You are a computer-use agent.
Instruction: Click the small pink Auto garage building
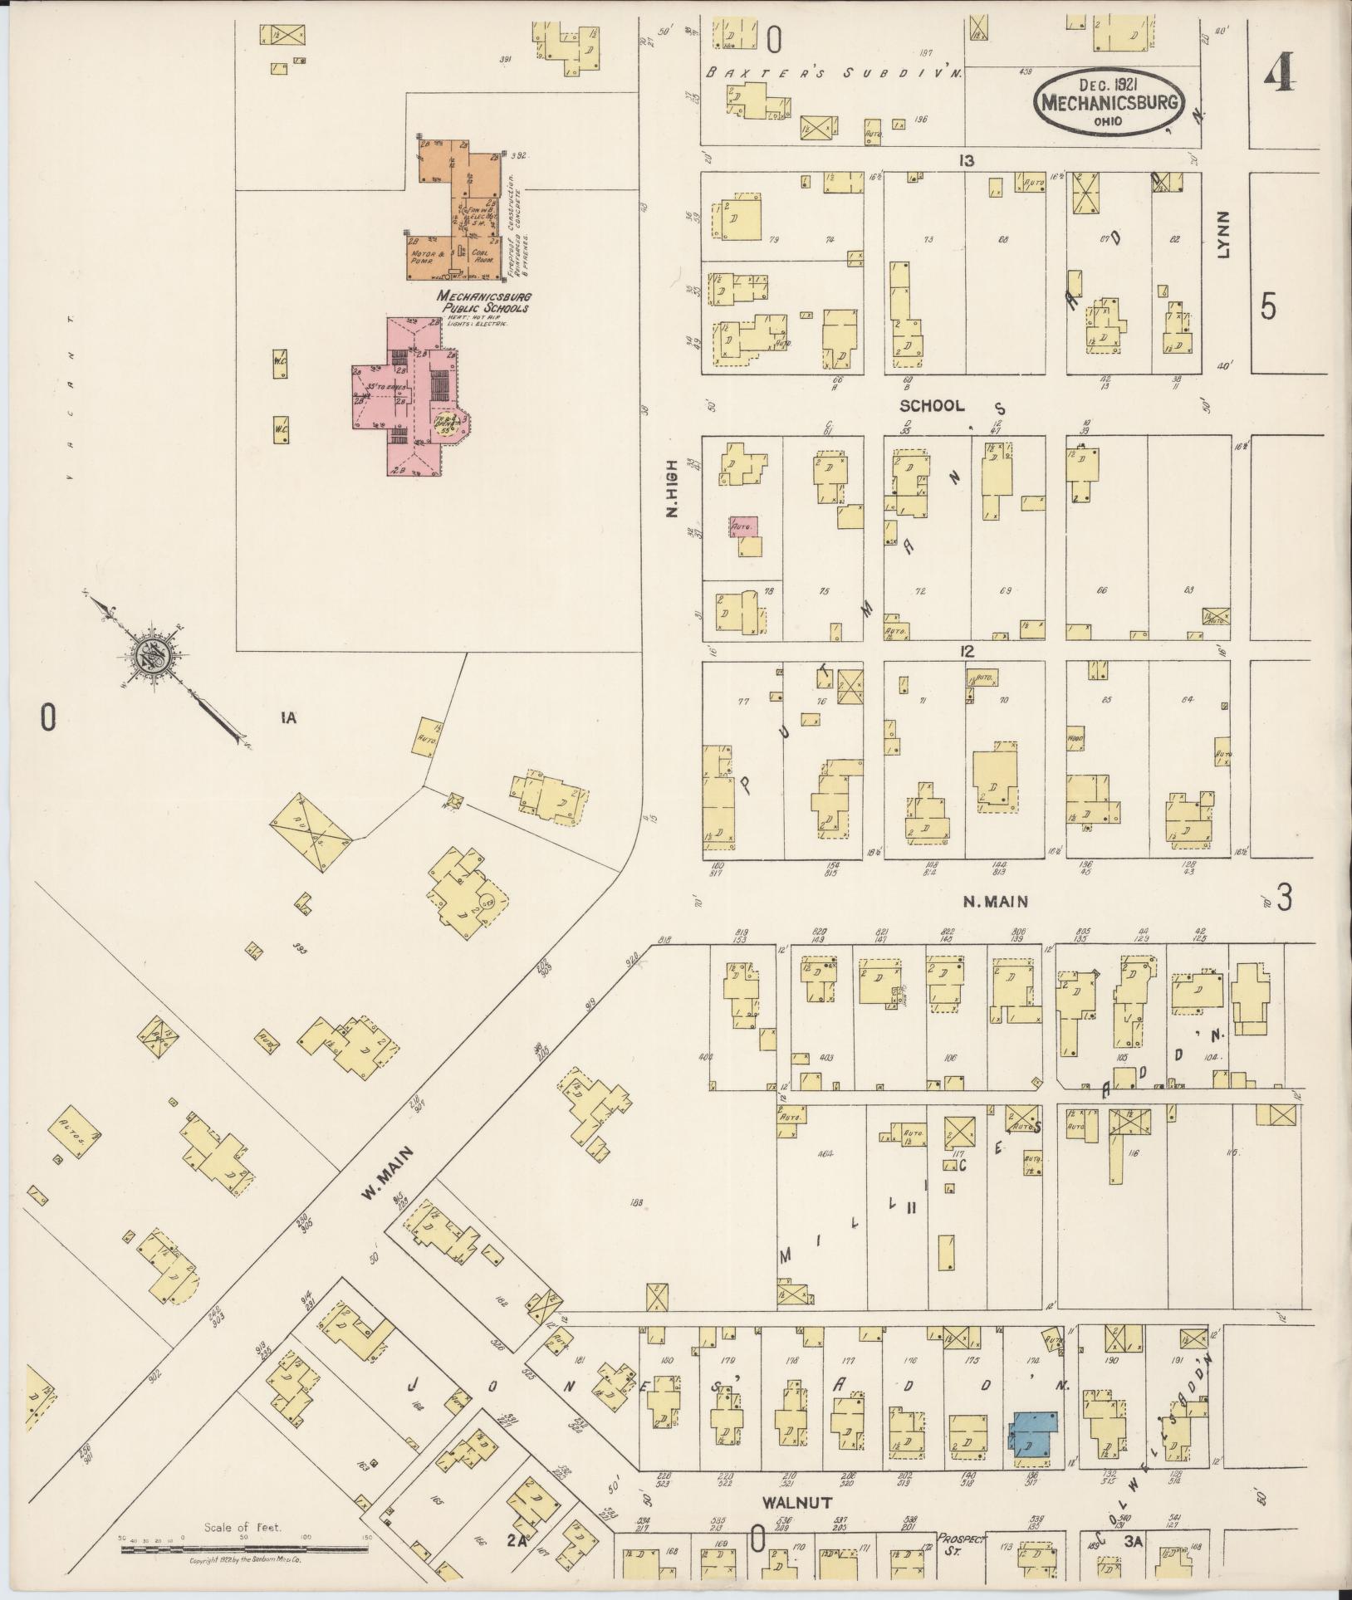click(743, 526)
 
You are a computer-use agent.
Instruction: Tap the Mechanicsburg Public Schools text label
click(483, 301)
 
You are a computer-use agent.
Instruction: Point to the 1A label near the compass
click(287, 719)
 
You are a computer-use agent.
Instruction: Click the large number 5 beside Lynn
click(1267, 307)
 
